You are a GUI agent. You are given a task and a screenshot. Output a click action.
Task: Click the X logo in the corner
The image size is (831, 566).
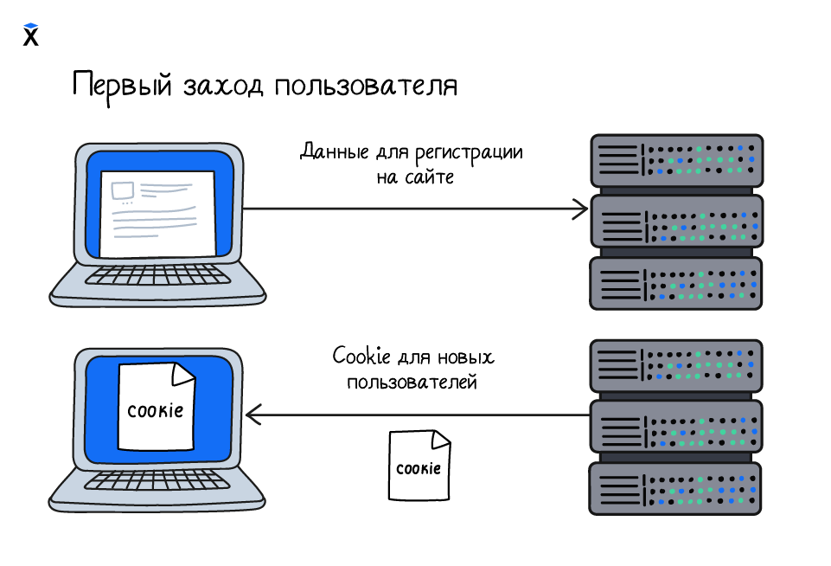(x=31, y=35)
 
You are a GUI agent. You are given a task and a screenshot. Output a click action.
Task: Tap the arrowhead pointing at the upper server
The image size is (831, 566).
(x=580, y=209)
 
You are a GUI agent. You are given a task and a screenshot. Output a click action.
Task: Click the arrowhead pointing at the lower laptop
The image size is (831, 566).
(x=253, y=415)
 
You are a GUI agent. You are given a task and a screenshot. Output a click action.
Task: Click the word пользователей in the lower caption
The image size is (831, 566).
(x=412, y=382)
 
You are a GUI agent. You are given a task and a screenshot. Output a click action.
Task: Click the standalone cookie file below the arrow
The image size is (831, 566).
(x=419, y=466)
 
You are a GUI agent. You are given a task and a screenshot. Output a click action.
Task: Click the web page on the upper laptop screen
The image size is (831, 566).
(x=158, y=213)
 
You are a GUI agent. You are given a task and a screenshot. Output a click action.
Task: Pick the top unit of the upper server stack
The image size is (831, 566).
(x=675, y=160)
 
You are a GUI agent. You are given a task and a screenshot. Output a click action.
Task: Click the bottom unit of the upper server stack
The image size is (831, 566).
(x=675, y=283)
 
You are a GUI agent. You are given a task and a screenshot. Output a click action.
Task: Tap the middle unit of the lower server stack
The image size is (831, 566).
(x=675, y=427)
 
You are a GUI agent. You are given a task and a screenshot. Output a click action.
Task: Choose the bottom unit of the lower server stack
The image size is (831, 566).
(x=675, y=488)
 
